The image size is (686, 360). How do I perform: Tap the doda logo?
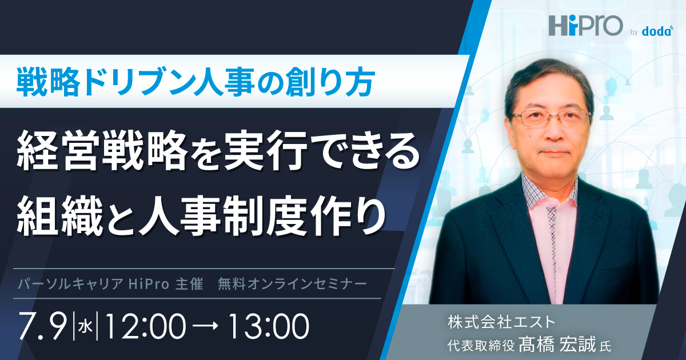click(x=657, y=31)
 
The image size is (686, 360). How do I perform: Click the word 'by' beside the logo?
click(x=634, y=32)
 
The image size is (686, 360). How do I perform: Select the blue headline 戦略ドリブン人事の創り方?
click(x=196, y=82)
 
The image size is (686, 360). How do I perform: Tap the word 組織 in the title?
click(x=60, y=216)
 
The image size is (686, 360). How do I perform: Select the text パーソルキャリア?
click(x=70, y=284)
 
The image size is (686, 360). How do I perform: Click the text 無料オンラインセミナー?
click(x=292, y=284)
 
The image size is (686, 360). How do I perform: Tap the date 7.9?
click(x=43, y=326)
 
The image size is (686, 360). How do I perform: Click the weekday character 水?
click(x=85, y=327)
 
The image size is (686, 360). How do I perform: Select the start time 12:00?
click(x=145, y=326)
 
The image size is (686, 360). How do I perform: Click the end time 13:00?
click(x=268, y=326)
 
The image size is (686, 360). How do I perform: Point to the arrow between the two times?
click(x=206, y=326)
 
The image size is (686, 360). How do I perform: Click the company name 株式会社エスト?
click(x=501, y=322)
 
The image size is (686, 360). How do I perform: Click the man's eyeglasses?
click(x=551, y=118)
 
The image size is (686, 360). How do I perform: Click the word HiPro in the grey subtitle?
click(x=149, y=284)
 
